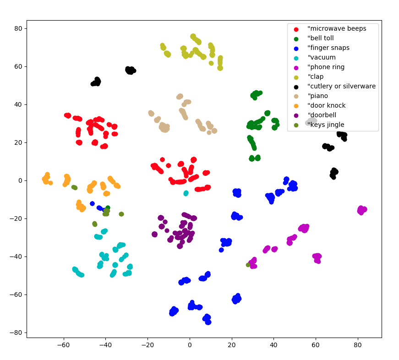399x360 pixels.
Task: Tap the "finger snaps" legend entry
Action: tap(328, 48)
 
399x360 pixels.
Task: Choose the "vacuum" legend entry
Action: tap(322, 58)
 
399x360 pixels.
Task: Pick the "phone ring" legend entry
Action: tap(326, 67)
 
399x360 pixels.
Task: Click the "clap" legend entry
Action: tap(317, 77)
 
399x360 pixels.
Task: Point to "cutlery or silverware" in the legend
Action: tap(341, 87)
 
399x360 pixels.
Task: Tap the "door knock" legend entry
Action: tap(327, 106)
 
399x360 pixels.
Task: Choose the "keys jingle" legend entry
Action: tap(326, 125)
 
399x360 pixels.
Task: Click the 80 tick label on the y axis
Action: tap(18, 28)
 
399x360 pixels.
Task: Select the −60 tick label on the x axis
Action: tap(64, 344)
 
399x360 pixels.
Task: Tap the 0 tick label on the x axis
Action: tap(190, 344)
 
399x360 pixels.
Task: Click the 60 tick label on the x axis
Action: tap(316, 344)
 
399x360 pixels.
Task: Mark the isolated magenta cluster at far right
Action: tap(362, 210)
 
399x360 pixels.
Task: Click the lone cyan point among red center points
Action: tap(186, 193)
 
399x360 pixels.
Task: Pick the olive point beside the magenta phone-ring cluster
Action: tap(248, 265)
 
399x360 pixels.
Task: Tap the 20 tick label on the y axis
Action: tap(18, 142)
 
